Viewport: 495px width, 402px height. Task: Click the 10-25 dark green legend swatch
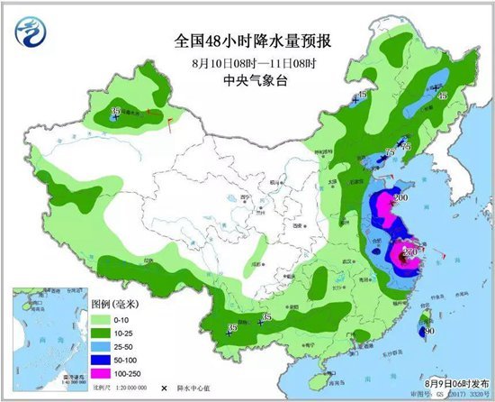pos(100,333)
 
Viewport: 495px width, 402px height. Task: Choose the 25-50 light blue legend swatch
pos(100,347)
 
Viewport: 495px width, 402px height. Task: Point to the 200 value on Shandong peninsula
pos(402,197)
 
